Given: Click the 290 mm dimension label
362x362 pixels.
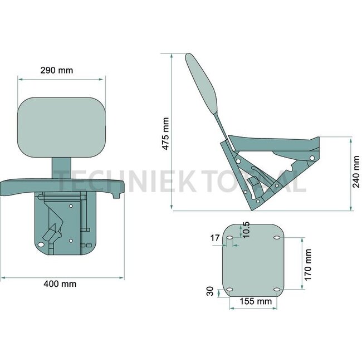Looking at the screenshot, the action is [57, 70].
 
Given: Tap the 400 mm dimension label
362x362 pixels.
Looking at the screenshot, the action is [60, 283].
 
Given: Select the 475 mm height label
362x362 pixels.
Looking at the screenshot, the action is [166, 134].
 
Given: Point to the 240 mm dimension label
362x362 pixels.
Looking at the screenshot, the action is [356, 172].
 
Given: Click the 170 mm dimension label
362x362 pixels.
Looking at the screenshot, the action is [308, 265].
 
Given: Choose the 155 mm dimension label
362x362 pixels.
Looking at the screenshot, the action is [256, 301].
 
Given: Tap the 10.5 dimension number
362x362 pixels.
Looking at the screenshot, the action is [246, 229].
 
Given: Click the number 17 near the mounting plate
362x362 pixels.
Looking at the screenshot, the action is [215, 238].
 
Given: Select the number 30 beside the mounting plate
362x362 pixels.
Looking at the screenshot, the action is [210, 291].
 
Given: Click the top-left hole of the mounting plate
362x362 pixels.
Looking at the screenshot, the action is [229, 238].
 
